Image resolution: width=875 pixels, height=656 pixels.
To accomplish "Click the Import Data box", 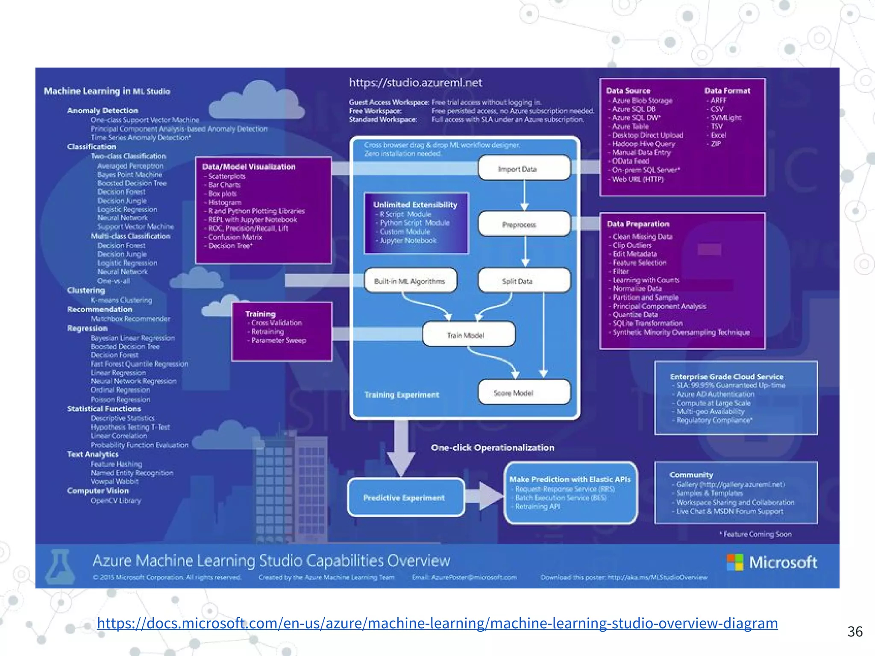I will (524, 168).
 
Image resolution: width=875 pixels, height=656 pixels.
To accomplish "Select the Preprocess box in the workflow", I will (524, 224).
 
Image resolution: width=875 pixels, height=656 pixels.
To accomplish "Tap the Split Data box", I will (524, 281).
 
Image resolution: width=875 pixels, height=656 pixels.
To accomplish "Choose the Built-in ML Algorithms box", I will (411, 281).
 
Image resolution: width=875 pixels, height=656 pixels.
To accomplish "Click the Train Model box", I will (468, 335).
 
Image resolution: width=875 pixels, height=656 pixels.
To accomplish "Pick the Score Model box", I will (524, 392).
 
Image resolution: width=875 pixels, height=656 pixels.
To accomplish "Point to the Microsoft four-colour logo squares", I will (735, 562).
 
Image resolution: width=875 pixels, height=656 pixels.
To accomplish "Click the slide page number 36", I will (855, 631).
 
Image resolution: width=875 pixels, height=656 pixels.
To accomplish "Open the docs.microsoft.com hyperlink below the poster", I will (437, 623).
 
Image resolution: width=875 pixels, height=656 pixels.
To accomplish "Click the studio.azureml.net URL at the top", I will (415, 83).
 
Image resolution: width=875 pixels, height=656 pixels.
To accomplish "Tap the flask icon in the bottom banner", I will (59, 567).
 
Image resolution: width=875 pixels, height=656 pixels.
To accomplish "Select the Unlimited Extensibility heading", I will (415, 205).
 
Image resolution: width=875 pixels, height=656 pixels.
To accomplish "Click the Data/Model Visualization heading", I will (249, 167).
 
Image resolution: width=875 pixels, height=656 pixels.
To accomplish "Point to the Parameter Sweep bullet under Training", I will (278, 340).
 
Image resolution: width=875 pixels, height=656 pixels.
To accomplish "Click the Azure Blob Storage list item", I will (642, 100).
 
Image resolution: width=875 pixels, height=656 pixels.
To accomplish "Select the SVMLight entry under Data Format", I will (725, 117).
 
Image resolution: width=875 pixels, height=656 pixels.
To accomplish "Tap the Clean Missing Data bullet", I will (642, 236).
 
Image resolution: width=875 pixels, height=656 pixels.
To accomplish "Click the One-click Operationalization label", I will (492, 448).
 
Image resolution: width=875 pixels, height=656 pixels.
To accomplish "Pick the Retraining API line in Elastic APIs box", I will (537, 507).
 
